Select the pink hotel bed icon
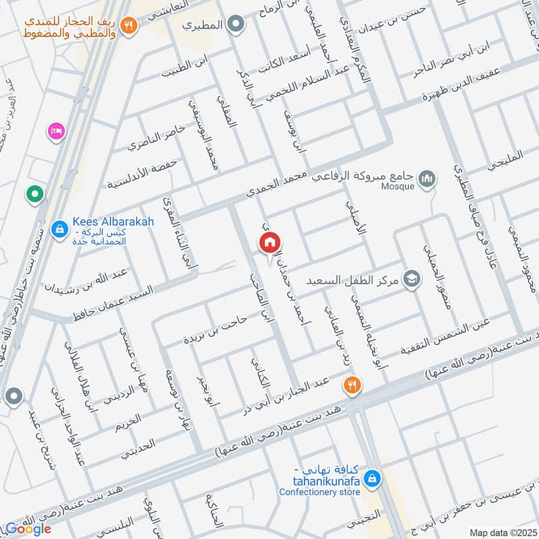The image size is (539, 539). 55,130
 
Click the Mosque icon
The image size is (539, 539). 426,179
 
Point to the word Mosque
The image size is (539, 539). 398,187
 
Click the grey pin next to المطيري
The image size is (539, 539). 235,26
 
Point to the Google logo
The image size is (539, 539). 28,529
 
